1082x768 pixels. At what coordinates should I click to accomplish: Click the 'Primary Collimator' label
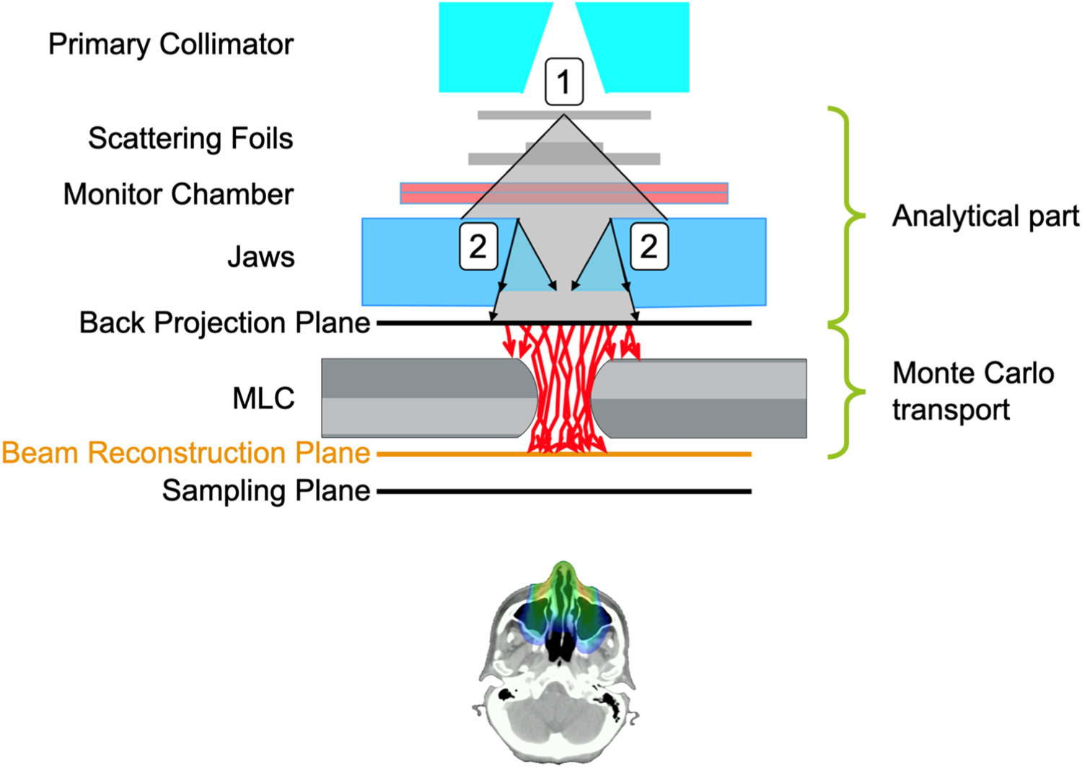(171, 45)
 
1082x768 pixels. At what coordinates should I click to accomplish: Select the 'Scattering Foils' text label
(190, 138)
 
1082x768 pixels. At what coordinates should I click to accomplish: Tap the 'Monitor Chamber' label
(178, 195)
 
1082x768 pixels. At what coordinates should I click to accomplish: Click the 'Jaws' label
(260, 257)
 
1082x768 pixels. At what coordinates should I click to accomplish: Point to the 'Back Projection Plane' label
(224, 323)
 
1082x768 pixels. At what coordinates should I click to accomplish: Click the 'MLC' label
(263, 399)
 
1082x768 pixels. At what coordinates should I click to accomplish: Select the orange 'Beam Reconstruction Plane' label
(186, 454)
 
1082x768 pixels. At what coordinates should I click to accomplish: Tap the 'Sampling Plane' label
(265, 491)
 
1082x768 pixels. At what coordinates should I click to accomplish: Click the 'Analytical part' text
(985, 216)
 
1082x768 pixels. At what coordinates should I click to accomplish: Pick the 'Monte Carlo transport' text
(972, 392)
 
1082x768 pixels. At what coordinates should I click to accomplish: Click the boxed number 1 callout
(563, 81)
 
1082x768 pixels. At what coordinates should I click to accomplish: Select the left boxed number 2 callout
(478, 247)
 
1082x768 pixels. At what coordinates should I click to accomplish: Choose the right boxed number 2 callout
(648, 247)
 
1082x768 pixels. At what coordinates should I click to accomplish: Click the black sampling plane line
(563, 491)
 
